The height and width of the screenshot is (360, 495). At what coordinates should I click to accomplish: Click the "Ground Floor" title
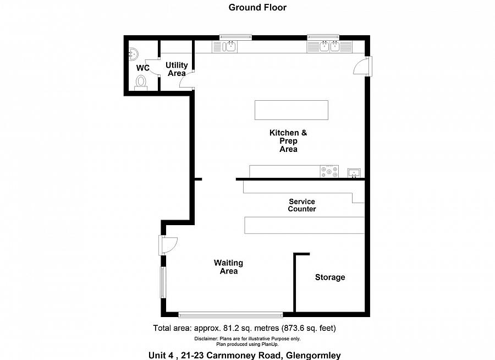[x=257, y=7]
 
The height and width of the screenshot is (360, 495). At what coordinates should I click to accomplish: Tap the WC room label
[x=142, y=68]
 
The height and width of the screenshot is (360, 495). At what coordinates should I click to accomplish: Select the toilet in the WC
[x=141, y=83]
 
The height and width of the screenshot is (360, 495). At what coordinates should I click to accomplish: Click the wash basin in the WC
[x=133, y=54]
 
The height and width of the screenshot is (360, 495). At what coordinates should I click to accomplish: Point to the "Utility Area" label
[x=177, y=69]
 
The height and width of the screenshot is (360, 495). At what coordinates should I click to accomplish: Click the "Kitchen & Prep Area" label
[x=288, y=141]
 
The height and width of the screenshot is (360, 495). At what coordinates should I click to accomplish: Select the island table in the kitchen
[x=291, y=110]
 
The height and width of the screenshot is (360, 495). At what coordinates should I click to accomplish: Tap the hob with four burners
[x=329, y=171]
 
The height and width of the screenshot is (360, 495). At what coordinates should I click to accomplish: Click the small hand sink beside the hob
[x=354, y=173]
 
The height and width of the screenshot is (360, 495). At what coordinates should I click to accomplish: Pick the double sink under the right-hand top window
[x=329, y=46]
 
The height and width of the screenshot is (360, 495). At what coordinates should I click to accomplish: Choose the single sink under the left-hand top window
[x=225, y=46]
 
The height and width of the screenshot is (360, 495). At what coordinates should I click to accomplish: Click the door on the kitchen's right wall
[x=363, y=67]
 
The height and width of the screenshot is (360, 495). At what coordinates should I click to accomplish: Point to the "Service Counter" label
[x=302, y=205]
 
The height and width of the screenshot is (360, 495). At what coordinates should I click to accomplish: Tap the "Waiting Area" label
[x=229, y=267]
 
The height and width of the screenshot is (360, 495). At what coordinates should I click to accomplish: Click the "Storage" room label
[x=330, y=277]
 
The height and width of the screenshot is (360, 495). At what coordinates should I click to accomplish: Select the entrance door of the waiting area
[x=168, y=245]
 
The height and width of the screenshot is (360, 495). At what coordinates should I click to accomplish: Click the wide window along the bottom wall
[x=231, y=314]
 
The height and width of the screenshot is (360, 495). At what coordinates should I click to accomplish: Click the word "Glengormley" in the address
[x=313, y=355]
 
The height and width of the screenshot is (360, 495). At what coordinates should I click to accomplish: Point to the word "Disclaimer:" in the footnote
[x=206, y=339]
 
